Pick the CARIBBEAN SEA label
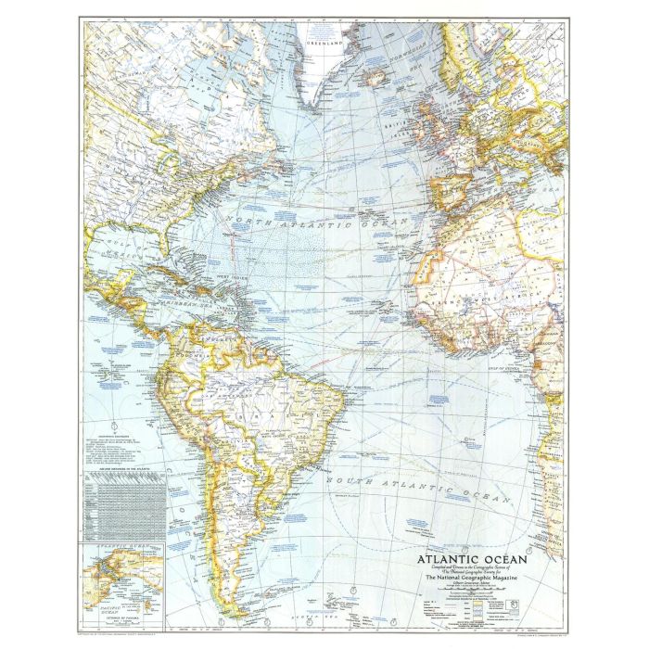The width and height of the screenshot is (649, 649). pos(140,299)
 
